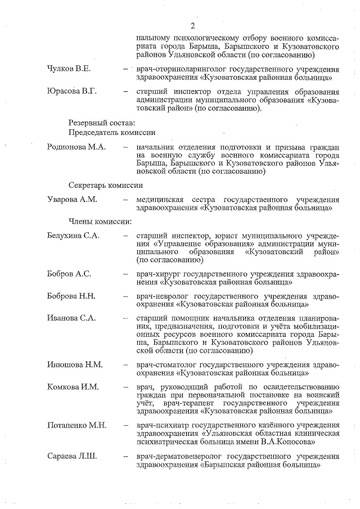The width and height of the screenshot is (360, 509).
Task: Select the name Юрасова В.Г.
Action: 72,92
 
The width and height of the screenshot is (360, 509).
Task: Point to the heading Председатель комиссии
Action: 111,132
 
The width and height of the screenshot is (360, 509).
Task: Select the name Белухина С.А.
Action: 73,235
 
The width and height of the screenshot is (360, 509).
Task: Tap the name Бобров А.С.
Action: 69,274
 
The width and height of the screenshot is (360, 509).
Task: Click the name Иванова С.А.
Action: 71,318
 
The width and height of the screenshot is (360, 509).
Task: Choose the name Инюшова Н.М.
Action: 74,364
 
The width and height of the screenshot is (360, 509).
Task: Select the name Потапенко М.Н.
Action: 76,425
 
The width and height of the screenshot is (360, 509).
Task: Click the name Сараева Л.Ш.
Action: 72,456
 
